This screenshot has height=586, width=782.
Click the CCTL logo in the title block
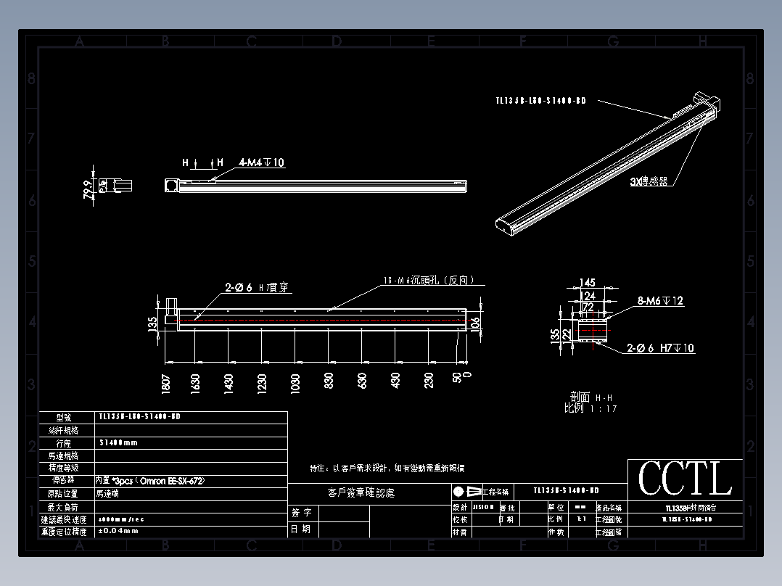[x=685, y=479]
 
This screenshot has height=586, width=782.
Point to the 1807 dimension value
[x=166, y=384]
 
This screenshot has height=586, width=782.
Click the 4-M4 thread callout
[x=261, y=163]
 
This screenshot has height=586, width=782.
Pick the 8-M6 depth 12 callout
[x=660, y=300]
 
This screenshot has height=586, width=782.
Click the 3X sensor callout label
[x=649, y=181]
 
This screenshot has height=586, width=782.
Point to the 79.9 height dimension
[x=89, y=189]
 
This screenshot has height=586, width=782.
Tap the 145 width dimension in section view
[x=588, y=283]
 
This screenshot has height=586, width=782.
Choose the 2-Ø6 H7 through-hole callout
[x=257, y=288]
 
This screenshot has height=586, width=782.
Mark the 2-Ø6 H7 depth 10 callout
[x=660, y=348]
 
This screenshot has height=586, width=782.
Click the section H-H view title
[x=591, y=397]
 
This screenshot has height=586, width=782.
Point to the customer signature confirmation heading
[x=361, y=493]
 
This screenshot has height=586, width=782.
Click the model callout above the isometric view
[x=540, y=102]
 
